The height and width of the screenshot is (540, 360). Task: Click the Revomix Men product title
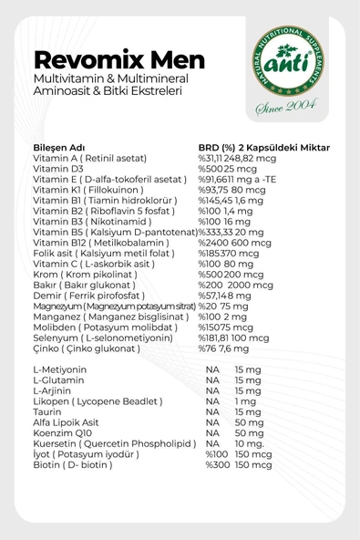(111, 60)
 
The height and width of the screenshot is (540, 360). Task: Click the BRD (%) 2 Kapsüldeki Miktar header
(263, 148)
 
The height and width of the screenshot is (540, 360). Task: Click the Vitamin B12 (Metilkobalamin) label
(98, 256)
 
